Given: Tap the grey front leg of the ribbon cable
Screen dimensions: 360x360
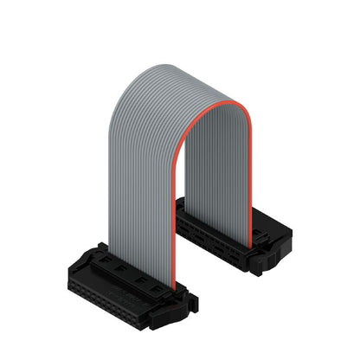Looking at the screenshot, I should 143,190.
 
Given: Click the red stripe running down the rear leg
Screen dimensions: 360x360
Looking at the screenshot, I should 251,173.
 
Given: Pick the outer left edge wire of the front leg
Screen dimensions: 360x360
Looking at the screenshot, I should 111,190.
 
